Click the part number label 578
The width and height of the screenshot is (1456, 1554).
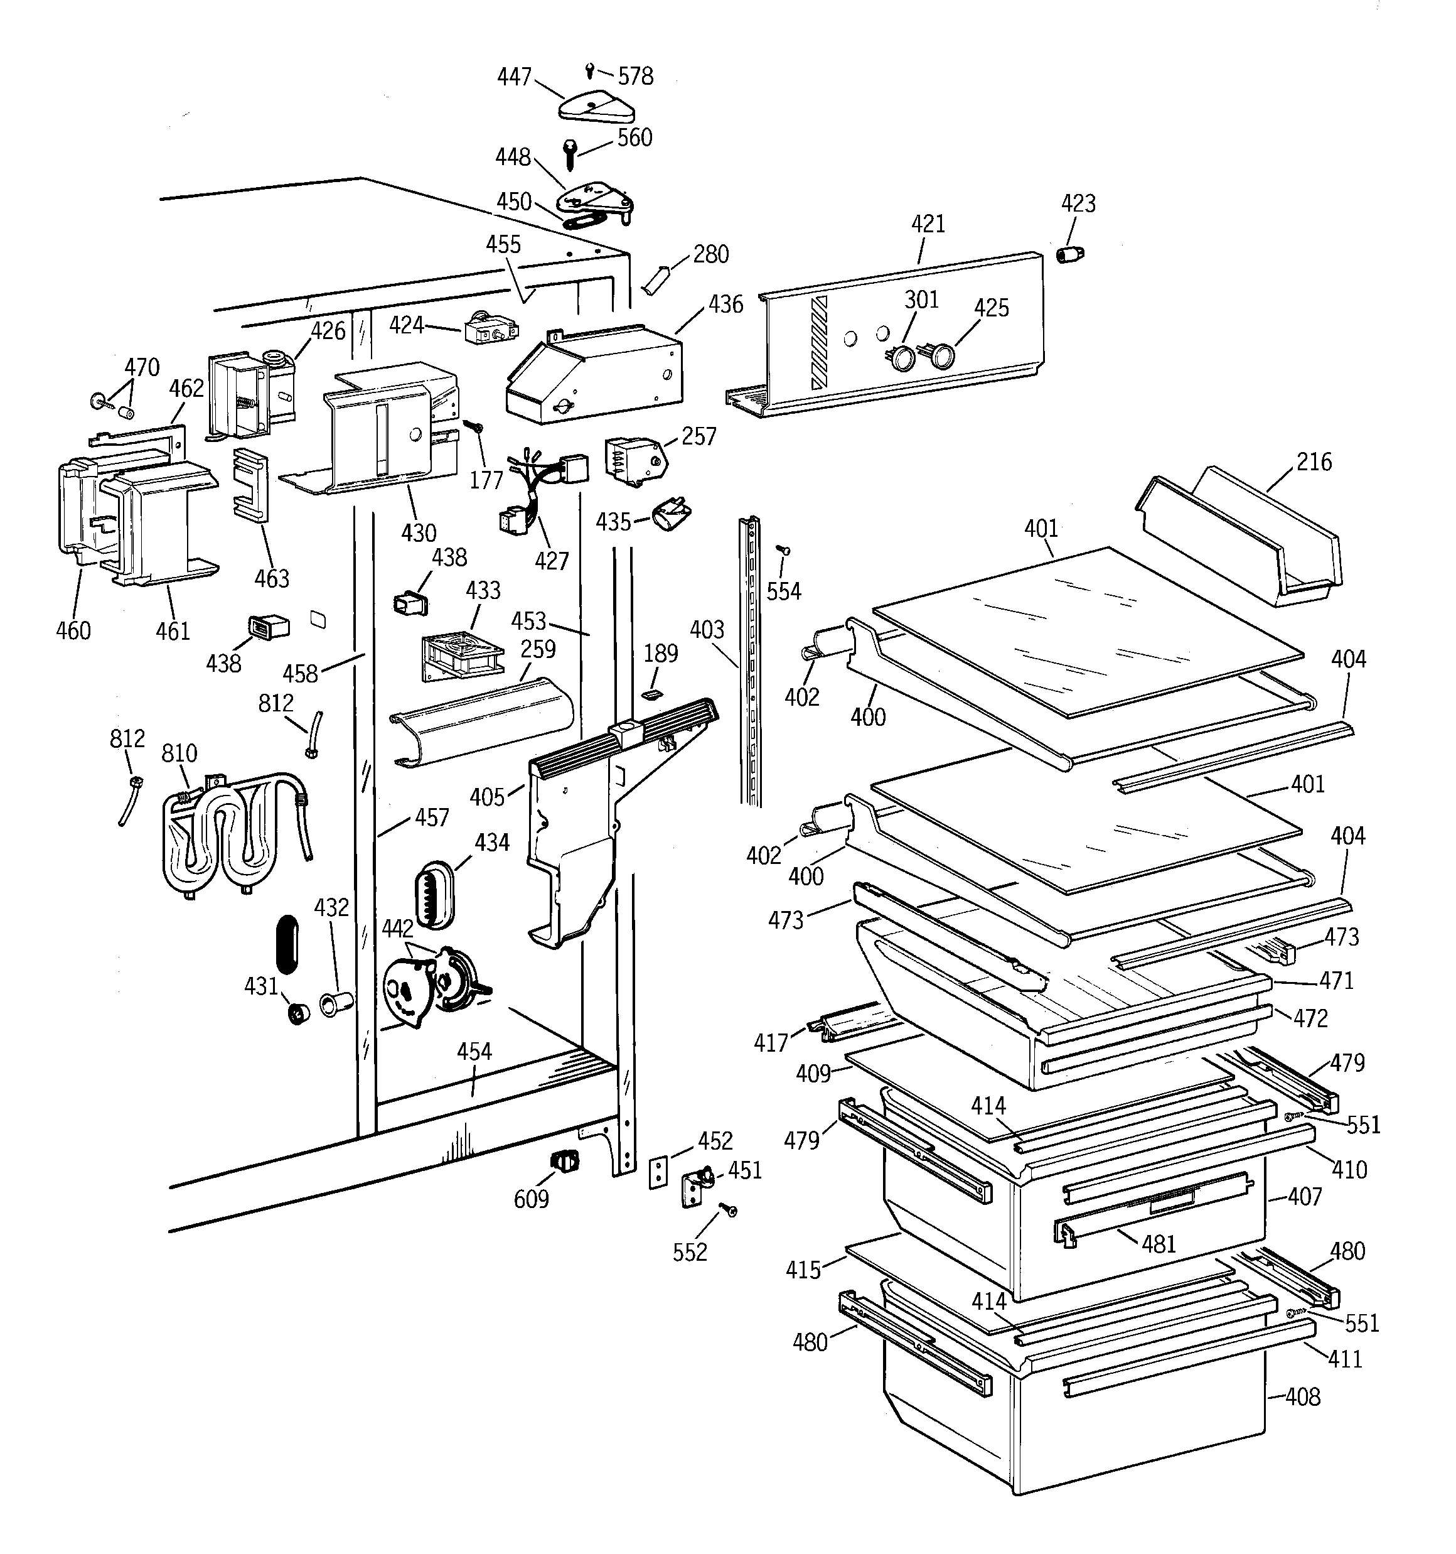(x=634, y=76)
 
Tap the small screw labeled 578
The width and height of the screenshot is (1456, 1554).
(x=589, y=71)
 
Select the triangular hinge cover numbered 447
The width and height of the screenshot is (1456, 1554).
(x=596, y=106)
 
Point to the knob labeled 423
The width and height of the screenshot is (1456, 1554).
(x=1070, y=254)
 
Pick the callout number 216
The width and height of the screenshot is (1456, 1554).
(x=1314, y=462)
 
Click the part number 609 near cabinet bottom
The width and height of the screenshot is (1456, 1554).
(x=531, y=1199)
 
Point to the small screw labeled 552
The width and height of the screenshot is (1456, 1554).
(x=730, y=1210)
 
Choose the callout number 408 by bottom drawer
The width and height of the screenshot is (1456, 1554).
(x=1302, y=1396)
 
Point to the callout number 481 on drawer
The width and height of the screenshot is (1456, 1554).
(x=1159, y=1243)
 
